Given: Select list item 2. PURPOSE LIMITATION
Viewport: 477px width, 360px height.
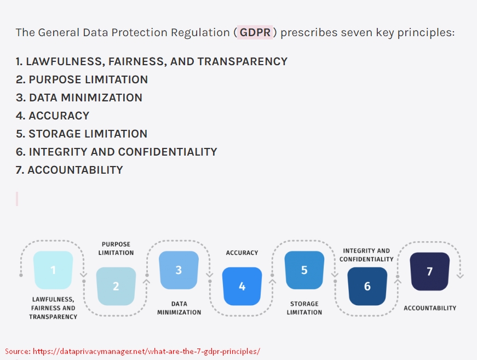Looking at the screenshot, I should pyautogui.click(x=82, y=79).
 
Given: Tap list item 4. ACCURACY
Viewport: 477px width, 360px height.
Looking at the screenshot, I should pyautogui.click(x=53, y=116).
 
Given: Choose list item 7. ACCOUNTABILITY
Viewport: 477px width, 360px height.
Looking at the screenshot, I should pyautogui.click(x=69, y=170).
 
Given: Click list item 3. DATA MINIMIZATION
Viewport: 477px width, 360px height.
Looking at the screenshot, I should pyautogui.click(x=79, y=98).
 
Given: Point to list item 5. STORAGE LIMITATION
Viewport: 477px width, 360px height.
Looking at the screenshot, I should pyautogui.click(x=82, y=134).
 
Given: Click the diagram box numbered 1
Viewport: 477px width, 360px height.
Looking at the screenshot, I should pyautogui.click(x=53, y=270).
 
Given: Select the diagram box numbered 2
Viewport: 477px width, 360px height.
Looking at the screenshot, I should pyautogui.click(x=116, y=286).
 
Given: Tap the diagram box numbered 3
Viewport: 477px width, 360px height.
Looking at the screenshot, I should pyautogui.click(x=179, y=270).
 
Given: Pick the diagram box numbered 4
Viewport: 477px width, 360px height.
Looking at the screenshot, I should pyautogui.click(x=242, y=286).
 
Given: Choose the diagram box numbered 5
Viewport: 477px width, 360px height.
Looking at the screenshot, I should pyautogui.click(x=304, y=270).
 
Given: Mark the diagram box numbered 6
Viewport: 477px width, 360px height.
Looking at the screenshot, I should pyautogui.click(x=367, y=286).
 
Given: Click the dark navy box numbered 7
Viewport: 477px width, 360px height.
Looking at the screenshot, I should pyautogui.click(x=430, y=271).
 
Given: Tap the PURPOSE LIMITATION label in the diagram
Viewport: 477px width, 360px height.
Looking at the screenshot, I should pyautogui.click(x=116, y=248).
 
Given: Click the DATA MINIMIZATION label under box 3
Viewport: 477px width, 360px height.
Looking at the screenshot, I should pyautogui.click(x=179, y=308).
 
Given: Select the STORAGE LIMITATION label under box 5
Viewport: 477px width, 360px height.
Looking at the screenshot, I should pyautogui.click(x=304, y=308).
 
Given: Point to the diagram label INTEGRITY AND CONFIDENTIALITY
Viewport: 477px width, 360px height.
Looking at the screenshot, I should pyautogui.click(x=367, y=255).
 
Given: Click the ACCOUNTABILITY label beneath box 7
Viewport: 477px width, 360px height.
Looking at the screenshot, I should pyautogui.click(x=430, y=308).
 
